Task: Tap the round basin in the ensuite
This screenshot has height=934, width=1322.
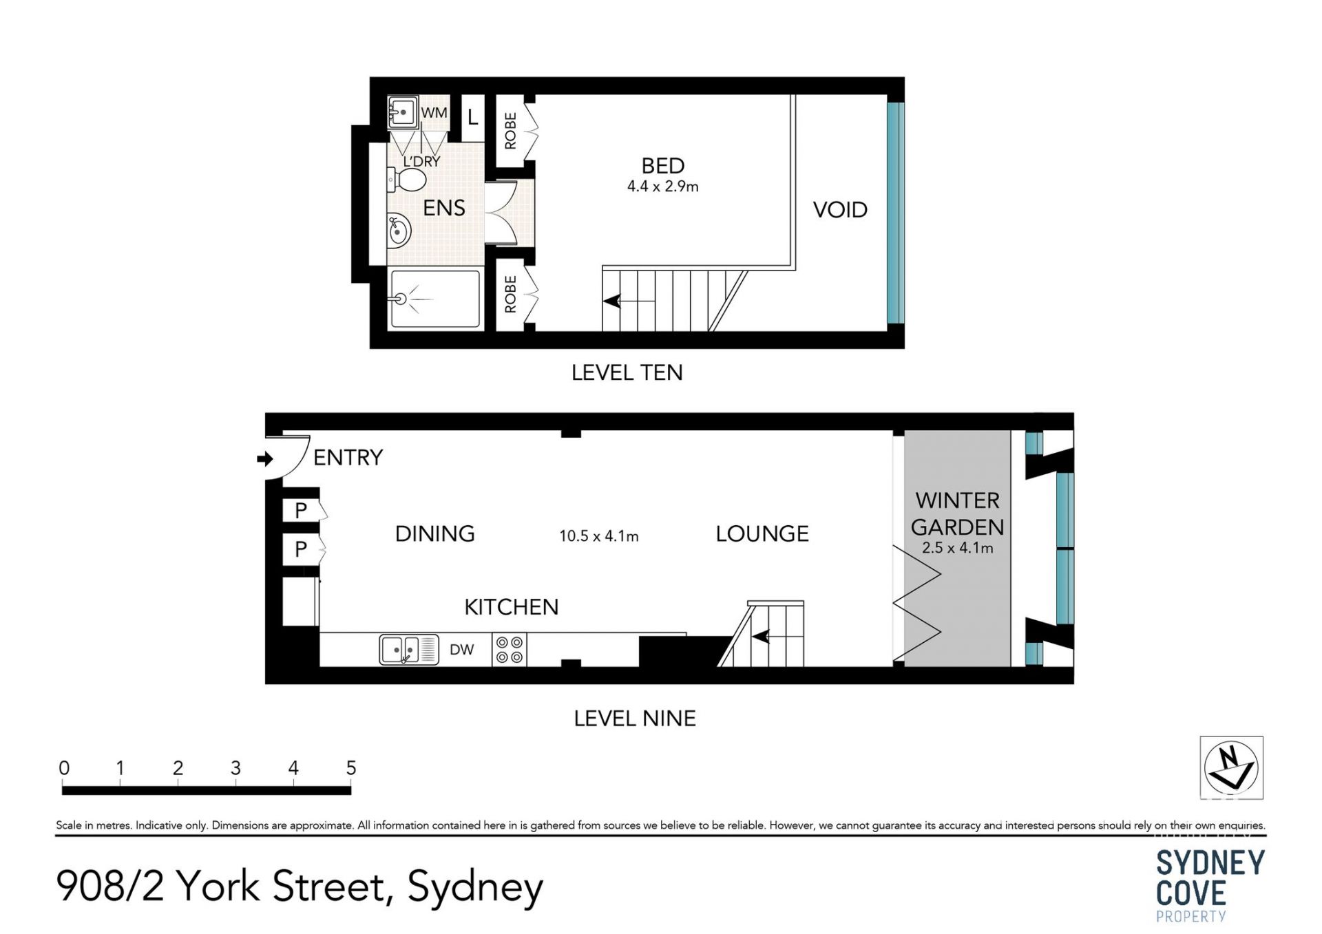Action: pos(399,231)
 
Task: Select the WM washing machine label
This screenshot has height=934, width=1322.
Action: pos(434,112)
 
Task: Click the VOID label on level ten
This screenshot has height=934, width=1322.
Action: pos(840,210)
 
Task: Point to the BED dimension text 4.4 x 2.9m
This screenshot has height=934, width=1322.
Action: pos(663,187)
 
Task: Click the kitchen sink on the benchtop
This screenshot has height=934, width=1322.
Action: pos(409,649)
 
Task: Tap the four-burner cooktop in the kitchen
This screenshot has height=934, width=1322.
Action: pos(510,650)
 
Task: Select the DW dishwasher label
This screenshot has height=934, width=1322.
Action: pos(462,650)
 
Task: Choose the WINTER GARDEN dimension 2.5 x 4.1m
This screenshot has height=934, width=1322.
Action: pos(958,549)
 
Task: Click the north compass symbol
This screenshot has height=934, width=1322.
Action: pos(1232,767)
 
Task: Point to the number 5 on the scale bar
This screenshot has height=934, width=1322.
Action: pos(351,768)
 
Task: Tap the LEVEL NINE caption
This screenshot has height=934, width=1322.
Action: pos(635,719)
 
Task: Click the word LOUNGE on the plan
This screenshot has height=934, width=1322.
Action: pos(762,534)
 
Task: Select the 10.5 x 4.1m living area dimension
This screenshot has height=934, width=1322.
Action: pos(599,536)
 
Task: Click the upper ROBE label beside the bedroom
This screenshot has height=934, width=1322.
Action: pos(510,131)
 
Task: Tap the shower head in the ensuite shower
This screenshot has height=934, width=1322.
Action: pos(401,299)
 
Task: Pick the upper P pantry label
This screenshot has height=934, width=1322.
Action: pos(301,511)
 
